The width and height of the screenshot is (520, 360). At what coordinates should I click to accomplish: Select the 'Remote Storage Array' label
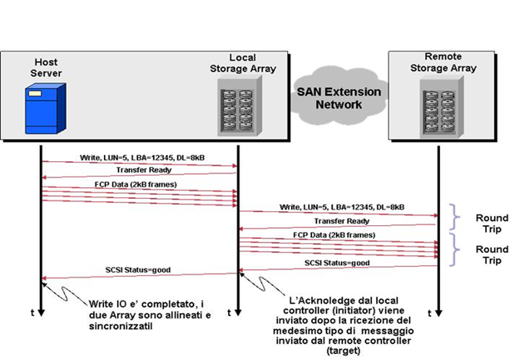451,62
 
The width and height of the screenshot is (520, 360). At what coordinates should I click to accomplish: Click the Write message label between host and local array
132,157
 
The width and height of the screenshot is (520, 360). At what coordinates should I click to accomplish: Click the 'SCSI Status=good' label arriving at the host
138,271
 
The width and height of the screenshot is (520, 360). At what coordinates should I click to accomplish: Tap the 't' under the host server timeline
32,312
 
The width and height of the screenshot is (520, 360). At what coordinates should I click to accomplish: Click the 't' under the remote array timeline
428,312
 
